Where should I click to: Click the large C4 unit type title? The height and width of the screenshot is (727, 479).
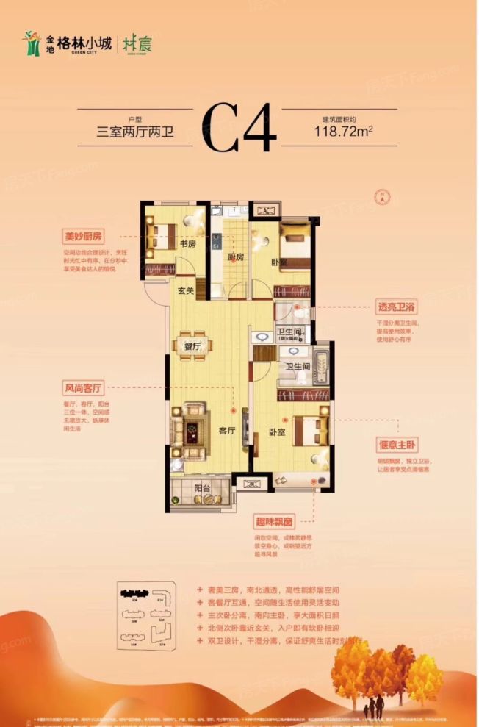[239, 129]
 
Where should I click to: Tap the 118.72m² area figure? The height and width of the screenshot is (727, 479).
[344, 132]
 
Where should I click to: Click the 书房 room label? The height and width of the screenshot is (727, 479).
[187, 243]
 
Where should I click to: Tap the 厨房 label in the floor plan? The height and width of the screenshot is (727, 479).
[235, 257]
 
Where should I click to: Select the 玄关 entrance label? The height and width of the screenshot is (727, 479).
[186, 291]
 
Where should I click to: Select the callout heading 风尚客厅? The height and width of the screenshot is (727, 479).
[83, 387]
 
